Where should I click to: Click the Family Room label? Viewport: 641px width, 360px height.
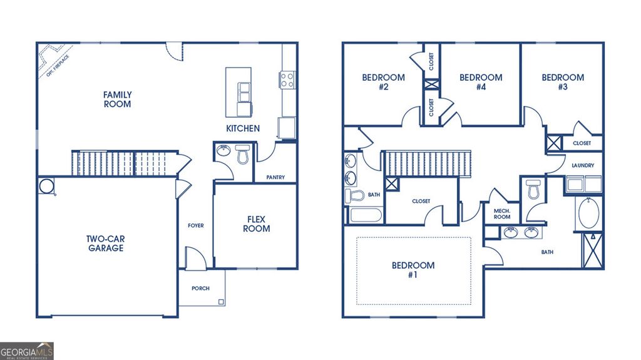click(118, 100)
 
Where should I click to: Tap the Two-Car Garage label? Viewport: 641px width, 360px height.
click(105, 243)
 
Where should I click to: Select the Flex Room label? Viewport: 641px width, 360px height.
click(257, 224)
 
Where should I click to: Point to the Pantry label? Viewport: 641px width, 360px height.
click(275, 177)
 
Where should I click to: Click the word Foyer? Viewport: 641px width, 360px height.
click(196, 225)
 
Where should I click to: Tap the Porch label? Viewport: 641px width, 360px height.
click(201, 288)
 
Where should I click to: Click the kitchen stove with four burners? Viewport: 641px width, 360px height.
click(287, 80)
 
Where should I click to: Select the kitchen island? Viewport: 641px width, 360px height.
click(238, 91)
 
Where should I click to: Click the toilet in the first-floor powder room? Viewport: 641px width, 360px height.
click(243, 154)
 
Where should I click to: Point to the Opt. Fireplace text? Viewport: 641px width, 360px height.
click(58, 66)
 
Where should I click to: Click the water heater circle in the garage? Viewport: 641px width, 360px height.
click(47, 186)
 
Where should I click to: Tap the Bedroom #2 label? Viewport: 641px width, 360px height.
click(383, 83)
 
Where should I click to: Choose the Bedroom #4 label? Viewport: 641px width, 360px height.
click(481, 83)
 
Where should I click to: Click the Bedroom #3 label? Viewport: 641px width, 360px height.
click(563, 83)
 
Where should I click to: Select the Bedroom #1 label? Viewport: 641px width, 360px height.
click(413, 270)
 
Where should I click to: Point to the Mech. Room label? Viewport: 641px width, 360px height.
click(502, 215)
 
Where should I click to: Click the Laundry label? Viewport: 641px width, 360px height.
click(583, 165)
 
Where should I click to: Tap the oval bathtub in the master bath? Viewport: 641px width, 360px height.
click(589, 213)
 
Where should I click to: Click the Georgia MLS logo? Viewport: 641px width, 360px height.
click(27, 351)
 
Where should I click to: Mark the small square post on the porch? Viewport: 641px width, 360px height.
click(221, 302)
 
